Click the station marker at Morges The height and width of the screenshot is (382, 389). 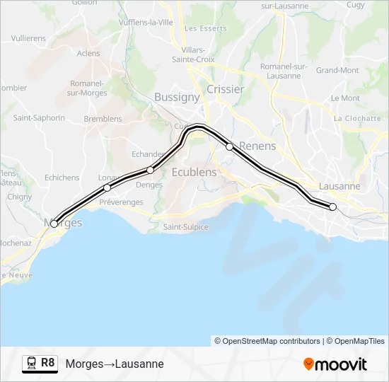click(x=54, y=224)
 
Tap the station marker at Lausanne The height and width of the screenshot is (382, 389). click(x=333, y=207)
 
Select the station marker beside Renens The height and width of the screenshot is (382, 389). click(x=229, y=146)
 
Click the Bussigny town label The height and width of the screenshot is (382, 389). click(x=177, y=98)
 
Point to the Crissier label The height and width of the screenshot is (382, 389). click(x=226, y=89)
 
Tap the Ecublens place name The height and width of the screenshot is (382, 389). click(x=194, y=172)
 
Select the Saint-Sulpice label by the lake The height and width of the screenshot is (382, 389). click(x=186, y=227)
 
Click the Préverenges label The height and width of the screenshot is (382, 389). click(x=121, y=202)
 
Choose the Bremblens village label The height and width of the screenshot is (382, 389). click(x=103, y=119)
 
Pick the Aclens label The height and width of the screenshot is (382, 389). click(x=88, y=53)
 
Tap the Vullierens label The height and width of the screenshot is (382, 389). click(x=29, y=37)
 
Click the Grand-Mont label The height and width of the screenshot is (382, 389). click(x=337, y=70)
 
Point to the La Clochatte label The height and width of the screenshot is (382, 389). click(x=358, y=118)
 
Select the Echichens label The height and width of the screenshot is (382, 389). click(x=62, y=178)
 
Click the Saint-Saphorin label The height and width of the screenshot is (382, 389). click(x=40, y=117)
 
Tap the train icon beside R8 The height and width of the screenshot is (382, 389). click(x=30, y=364)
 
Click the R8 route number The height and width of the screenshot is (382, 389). click(x=47, y=363)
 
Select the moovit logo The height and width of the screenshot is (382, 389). click(x=335, y=364)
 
